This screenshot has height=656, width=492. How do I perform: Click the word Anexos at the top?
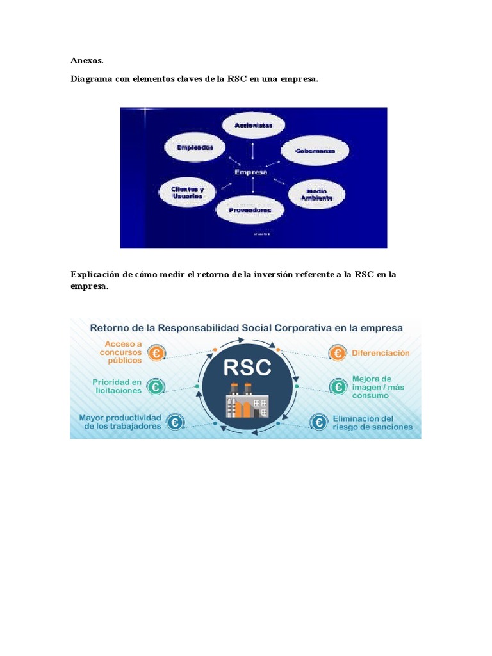pyautogui.click(x=86, y=61)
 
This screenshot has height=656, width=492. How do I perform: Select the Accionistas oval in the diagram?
pyautogui.click(x=253, y=126)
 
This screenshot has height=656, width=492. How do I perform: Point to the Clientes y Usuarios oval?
pyautogui.click(x=186, y=192)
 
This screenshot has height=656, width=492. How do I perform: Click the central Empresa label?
pyautogui.click(x=251, y=172)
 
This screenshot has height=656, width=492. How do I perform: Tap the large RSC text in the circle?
pyautogui.click(x=247, y=367)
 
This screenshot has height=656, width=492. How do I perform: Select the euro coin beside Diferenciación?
pyautogui.click(x=337, y=353)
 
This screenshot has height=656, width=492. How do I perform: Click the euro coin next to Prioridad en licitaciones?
pyautogui.click(x=154, y=387)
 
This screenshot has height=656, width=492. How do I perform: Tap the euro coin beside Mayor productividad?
pyautogui.click(x=174, y=422)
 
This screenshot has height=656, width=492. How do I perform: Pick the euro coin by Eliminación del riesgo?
pyautogui.click(x=318, y=422)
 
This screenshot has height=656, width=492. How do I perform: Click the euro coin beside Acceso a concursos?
pyautogui.click(x=156, y=353)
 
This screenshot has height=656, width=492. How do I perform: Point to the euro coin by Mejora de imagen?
pyautogui.click(x=338, y=387)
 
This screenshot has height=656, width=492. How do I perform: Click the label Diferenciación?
pyautogui.click(x=381, y=353)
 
